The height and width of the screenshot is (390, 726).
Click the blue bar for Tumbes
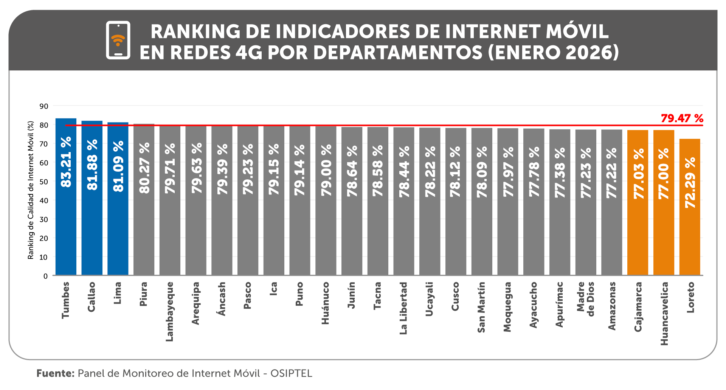coord(66,227)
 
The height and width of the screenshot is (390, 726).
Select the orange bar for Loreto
coord(690,235)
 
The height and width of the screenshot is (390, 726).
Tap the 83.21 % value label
coord(66,162)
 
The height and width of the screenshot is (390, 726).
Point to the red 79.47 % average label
coord(682,118)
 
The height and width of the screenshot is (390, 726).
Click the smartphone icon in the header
coord(118,40)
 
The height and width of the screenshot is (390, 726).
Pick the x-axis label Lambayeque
coord(170,311)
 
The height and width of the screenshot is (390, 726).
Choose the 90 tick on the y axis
coord(44,106)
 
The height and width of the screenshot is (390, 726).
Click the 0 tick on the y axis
coord(45,276)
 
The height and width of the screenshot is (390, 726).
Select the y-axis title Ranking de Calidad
coord(31,190)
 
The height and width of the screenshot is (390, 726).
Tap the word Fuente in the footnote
coord(55,373)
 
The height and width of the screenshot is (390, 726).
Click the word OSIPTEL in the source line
coord(291,373)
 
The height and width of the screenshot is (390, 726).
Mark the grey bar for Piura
coord(144,235)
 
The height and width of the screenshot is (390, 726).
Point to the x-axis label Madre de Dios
coord(586,299)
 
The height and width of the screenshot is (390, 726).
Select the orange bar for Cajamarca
coord(638,235)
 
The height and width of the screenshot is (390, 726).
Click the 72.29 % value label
coord(690,182)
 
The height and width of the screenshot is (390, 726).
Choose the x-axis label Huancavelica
coord(664,313)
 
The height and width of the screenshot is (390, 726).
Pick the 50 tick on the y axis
coord(44,182)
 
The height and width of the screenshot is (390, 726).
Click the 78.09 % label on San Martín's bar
coord(482,172)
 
